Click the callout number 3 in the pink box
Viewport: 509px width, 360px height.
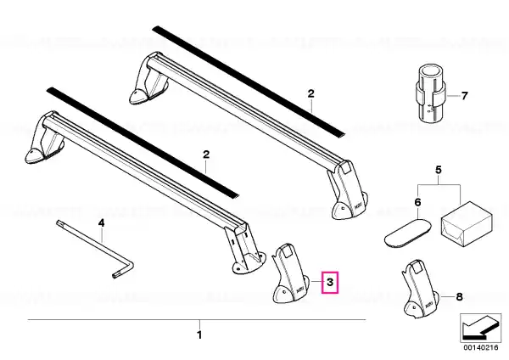tap(330, 282)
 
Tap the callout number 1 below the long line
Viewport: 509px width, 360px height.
tap(199, 335)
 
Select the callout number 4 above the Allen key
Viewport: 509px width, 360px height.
tap(102, 223)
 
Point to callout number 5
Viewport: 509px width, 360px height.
tap(439, 170)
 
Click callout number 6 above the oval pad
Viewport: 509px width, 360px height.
tap(417, 202)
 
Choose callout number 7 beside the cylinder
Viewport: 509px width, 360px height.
tap(465, 96)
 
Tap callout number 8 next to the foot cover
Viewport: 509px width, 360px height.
tap(459, 296)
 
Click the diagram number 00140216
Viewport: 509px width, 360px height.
tap(480, 347)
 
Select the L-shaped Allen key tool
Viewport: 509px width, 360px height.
tap(95, 250)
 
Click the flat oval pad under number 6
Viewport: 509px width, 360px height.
tap(408, 233)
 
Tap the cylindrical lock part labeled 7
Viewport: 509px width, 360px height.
tap(430, 93)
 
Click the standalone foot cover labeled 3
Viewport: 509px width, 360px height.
tap(289, 273)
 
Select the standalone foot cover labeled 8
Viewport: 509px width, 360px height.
tap(421, 289)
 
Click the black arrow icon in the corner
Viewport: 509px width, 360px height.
tap(480, 328)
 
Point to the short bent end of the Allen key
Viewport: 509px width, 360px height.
tap(123, 270)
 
